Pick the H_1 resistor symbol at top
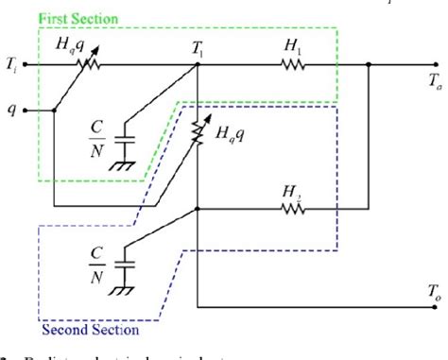tap(292, 65)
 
